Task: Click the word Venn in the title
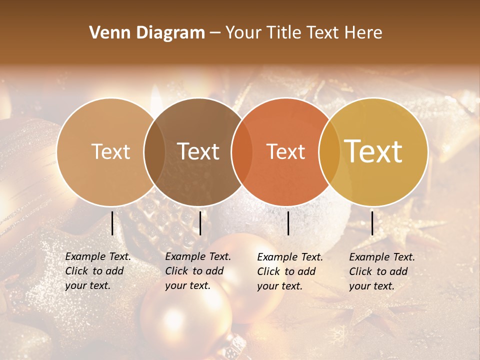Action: click(105, 33)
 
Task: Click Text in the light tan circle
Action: click(111, 151)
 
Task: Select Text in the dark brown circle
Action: click(198, 151)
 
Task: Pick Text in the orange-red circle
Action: click(285, 151)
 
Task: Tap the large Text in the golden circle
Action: click(373, 151)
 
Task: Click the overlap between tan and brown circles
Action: click(154, 151)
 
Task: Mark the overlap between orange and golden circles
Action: click(329, 151)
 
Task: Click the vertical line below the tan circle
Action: click(112, 223)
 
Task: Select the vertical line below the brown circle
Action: click(200, 223)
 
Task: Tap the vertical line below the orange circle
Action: click(288, 223)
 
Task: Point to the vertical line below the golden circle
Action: click(372, 223)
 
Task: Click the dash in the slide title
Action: click(215, 33)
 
